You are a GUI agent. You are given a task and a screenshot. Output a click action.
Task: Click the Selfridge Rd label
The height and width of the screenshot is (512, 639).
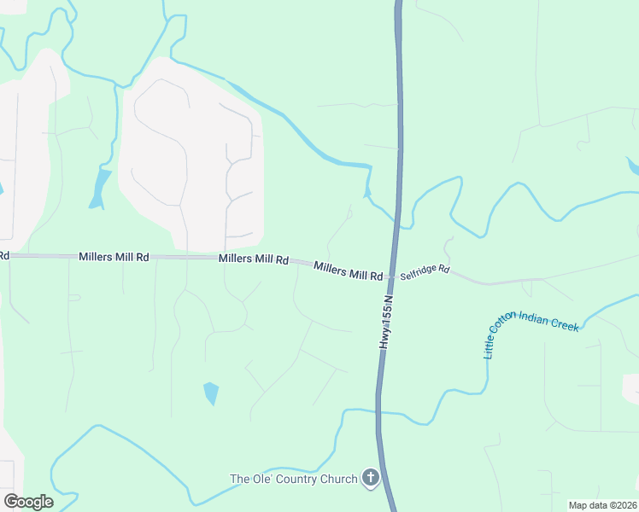[x=425, y=270]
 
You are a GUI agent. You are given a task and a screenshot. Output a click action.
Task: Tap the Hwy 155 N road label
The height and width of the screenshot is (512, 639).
[x=386, y=322]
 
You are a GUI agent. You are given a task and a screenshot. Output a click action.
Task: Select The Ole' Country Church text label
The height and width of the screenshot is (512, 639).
[x=293, y=479]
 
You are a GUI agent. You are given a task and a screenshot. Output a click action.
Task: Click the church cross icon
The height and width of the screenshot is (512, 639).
[x=371, y=478]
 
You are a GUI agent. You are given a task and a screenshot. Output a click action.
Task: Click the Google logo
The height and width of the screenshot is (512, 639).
[x=28, y=501]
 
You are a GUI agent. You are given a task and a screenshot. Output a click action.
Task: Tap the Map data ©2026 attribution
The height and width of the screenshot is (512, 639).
[x=602, y=505]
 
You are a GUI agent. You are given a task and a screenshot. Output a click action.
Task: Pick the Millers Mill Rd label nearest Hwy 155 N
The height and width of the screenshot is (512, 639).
[x=348, y=271]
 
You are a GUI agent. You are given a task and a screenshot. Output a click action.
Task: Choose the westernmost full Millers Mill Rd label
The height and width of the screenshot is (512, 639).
[x=114, y=256]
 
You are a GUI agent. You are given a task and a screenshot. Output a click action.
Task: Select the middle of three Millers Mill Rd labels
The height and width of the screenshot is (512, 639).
[x=253, y=259]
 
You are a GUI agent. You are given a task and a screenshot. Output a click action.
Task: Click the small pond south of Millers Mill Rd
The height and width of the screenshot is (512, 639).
[x=211, y=393]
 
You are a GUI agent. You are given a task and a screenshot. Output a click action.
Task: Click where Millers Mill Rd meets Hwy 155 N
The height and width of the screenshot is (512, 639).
[x=390, y=276]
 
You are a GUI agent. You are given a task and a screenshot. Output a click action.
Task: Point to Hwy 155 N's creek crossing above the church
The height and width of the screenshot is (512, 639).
[x=378, y=413]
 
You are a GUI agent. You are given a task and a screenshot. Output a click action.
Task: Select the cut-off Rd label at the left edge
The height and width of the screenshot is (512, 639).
[x=4, y=255]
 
